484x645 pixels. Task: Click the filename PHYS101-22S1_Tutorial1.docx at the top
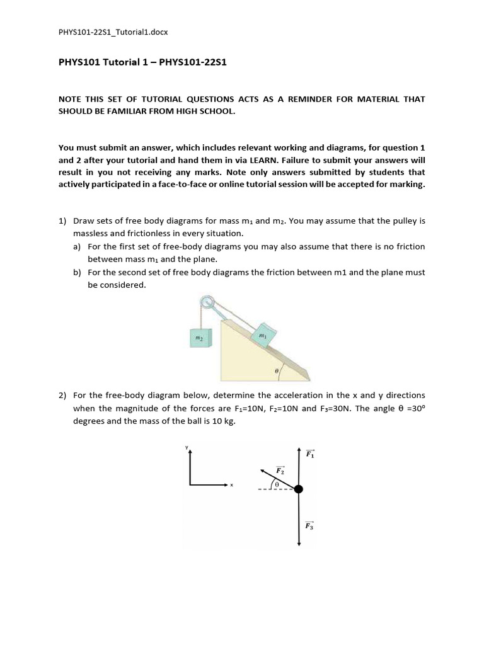pos(113,31)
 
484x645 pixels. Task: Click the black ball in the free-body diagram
pos(299,489)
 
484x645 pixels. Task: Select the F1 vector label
pos(310,454)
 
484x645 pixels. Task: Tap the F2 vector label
pos(280,471)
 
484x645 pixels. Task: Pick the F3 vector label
pos(309,525)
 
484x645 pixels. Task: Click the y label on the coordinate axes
pos(187,447)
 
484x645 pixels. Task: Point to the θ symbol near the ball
pos(276,483)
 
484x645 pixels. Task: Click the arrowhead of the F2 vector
pos(262,470)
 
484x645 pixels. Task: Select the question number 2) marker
pos(62,396)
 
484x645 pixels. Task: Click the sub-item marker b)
pos(77,272)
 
